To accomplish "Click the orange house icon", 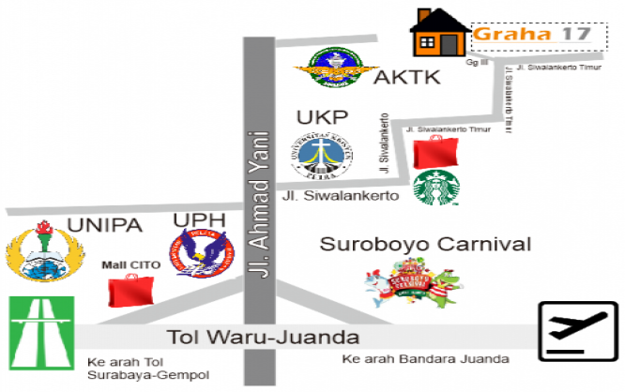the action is click(439, 34).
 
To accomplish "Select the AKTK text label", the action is click(406, 78).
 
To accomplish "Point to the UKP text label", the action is click(322, 118).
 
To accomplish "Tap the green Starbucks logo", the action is click(434, 188).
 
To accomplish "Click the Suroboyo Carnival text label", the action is click(425, 246).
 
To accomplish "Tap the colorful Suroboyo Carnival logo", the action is click(414, 283).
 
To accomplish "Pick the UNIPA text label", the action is click(105, 225).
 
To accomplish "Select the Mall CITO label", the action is click(131, 265).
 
